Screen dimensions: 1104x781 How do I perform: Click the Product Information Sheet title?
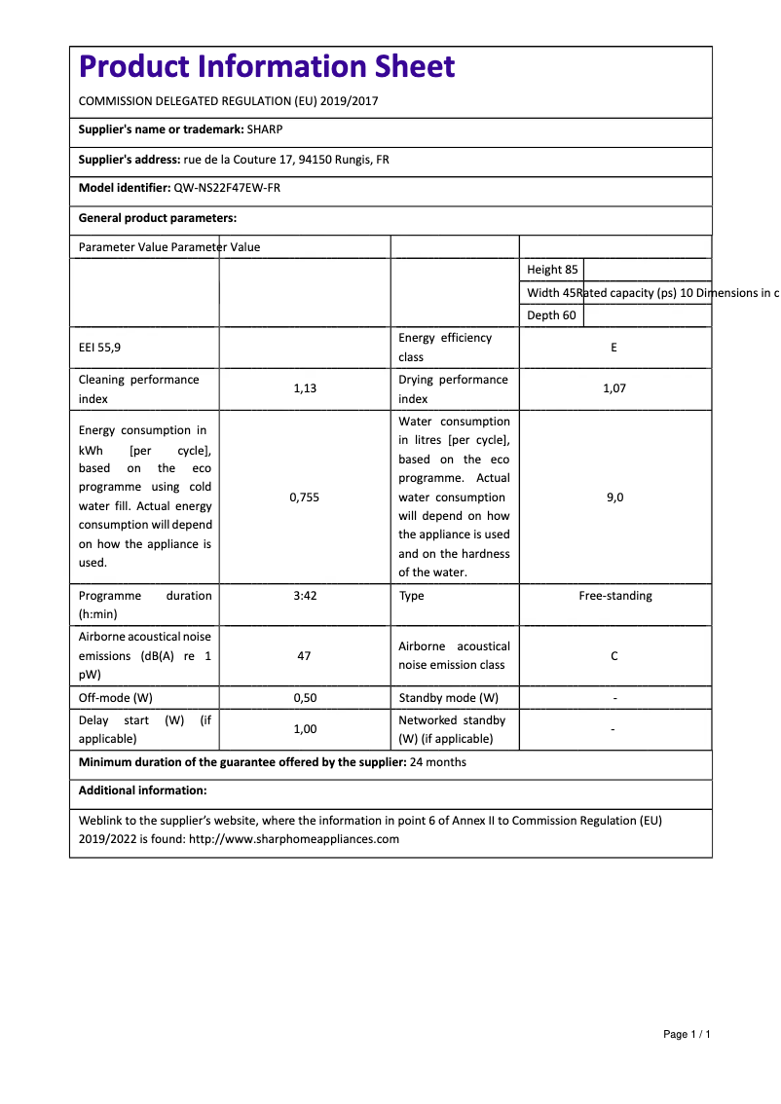267,67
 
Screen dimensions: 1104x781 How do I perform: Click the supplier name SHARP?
265,129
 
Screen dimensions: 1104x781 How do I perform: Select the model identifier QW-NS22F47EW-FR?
227,188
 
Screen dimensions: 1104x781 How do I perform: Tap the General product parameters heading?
158,218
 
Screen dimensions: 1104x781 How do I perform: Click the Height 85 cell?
552,270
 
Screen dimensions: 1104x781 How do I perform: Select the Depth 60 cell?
551,315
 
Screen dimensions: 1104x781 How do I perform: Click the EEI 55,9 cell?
100,348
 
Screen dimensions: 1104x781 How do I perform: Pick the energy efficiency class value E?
614,348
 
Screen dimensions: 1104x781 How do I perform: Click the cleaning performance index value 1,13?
305,388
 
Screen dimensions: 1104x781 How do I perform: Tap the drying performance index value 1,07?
614,388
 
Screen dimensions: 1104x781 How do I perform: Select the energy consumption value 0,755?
305,497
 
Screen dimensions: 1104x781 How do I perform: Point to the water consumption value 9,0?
614,497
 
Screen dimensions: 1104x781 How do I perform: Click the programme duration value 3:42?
305,596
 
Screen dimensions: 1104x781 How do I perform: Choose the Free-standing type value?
615,596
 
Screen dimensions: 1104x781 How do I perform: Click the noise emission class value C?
614,656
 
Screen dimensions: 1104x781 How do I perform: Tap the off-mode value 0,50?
305,698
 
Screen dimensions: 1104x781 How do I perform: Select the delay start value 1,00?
305,729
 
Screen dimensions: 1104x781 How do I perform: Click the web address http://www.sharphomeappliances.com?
294,839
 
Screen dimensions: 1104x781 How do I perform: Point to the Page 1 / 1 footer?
687,1034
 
